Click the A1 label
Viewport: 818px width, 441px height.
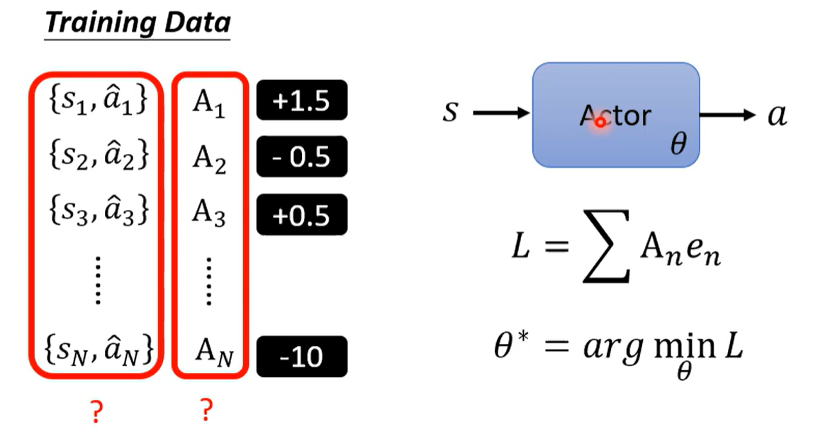pyautogui.click(x=209, y=103)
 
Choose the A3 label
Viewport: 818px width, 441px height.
pyautogui.click(x=209, y=213)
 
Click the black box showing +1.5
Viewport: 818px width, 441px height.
pyautogui.click(x=301, y=101)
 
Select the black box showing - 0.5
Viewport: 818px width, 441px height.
pyautogui.click(x=301, y=157)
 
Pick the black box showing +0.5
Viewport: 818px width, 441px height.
pyautogui.click(x=301, y=214)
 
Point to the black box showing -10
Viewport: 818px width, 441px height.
pyautogui.click(x=301, y=357)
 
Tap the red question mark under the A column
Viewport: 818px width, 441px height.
pyautogui.click(x=206, y=411)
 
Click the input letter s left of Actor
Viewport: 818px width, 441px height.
pyautogui.click(x=450, y=112)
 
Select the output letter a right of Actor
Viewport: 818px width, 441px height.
pyautogui.click(x=777, y=115)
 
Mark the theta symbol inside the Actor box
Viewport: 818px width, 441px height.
pyautogui.click(x=678, y=145)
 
